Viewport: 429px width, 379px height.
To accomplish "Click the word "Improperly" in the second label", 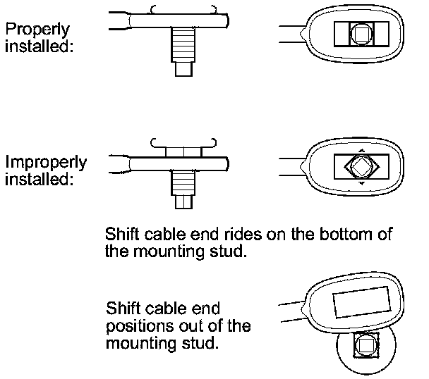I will point(46,163).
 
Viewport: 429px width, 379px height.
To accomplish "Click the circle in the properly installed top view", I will point(359,32).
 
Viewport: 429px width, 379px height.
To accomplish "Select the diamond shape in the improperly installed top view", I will point(360,167).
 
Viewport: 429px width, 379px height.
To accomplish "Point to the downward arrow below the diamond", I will point(360,184).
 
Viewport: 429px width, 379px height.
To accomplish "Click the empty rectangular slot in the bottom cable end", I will point(363,302).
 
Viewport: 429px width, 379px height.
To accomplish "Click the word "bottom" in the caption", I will point(339,234).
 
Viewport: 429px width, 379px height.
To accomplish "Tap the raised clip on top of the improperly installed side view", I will point(183,149).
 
